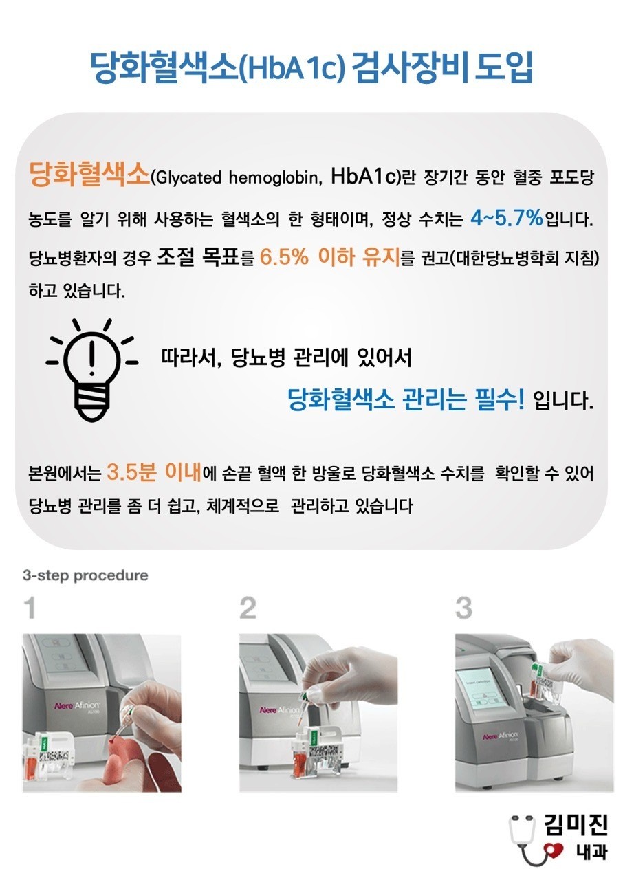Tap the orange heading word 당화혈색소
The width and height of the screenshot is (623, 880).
coord(90,174)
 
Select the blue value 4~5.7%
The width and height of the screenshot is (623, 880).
coord(506,217)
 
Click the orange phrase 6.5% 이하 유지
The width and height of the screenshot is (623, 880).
coord(330,256)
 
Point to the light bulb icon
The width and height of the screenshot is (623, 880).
coord(91,370)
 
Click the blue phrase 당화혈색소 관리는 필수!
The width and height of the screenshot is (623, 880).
coord(406,400)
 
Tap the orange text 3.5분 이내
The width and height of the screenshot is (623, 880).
coord(154,472)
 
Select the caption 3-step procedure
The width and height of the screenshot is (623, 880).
coord(85,575)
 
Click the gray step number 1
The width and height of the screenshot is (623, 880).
coord(30,608)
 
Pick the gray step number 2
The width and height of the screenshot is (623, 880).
coord(248,608)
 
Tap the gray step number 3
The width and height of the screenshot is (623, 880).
coord(463,608)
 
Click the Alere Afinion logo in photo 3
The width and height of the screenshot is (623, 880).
coord(500,735)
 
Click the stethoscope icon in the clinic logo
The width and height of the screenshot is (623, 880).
coord(526,841)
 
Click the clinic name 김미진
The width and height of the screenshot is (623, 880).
coord(576,824)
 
